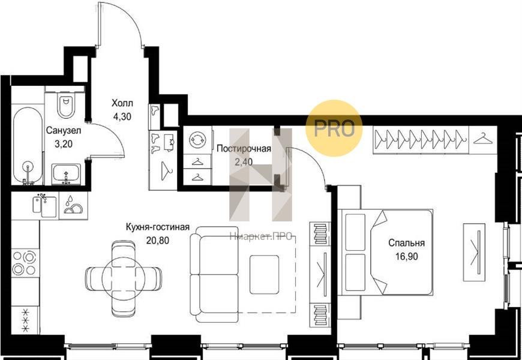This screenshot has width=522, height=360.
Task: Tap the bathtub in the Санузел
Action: click(28, 146)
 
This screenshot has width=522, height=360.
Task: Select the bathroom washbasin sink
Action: click(66, 173)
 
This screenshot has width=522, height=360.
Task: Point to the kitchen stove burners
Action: click(24, 263)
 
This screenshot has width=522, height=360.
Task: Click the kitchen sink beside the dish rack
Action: click(44, 206)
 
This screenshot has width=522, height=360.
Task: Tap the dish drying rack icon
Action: click(73, 205)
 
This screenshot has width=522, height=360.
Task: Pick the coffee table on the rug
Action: click(264, 274)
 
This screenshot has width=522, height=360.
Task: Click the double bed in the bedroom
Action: click(385, 252)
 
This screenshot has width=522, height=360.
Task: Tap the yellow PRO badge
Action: click(334, 128)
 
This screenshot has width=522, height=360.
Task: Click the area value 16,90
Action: click(406, 256)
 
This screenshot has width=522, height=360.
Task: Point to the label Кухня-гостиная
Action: click(157, 227)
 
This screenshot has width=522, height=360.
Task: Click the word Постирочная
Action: click(244, 149)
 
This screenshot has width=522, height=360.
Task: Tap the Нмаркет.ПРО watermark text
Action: click(261, 237)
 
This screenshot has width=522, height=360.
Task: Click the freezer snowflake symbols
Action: click(25, 320)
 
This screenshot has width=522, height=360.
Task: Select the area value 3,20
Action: click(63, 143)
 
